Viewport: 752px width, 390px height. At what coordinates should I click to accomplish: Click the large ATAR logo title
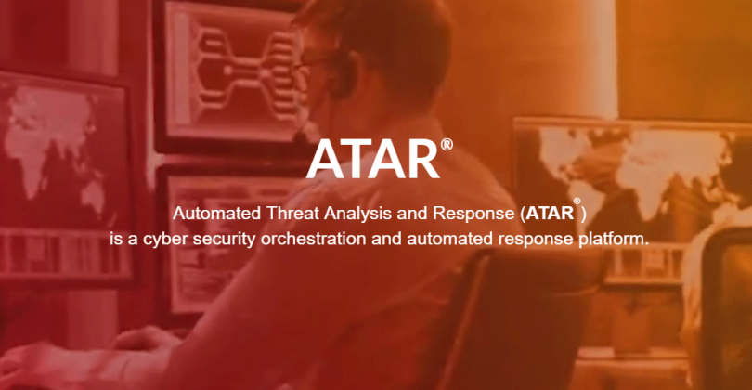coord(373,159)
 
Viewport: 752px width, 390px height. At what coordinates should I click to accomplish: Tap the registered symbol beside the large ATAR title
coord(447,144)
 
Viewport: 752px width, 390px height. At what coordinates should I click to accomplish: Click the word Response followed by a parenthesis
coord(473,214)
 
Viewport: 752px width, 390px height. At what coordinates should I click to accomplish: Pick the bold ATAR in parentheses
coord(550,214)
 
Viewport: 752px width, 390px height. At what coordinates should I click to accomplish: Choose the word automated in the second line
coord(449,239)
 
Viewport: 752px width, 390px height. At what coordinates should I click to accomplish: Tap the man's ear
coord(344,71)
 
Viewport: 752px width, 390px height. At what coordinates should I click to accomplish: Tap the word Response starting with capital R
coord(473,214)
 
